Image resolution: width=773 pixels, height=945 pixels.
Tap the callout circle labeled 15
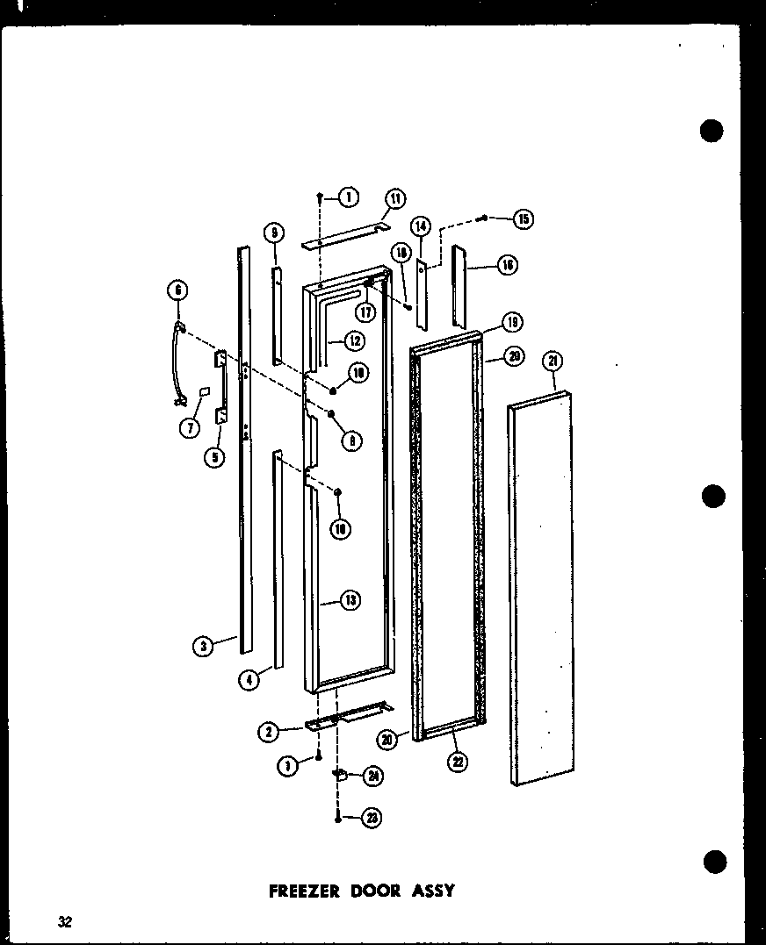tap(524, 219)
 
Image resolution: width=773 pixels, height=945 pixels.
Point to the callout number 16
tap(507, 264)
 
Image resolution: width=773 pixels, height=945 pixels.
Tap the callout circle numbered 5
tap(216, 457)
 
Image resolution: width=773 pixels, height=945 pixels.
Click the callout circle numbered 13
tap(350, 601)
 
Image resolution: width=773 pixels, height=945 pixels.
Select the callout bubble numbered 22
tap(458, 762)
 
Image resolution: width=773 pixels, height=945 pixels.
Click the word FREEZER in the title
tap(306, 890)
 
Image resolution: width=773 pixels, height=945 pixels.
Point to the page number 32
tap(65, 921)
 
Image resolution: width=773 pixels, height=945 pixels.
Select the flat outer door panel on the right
tap(540, 588)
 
